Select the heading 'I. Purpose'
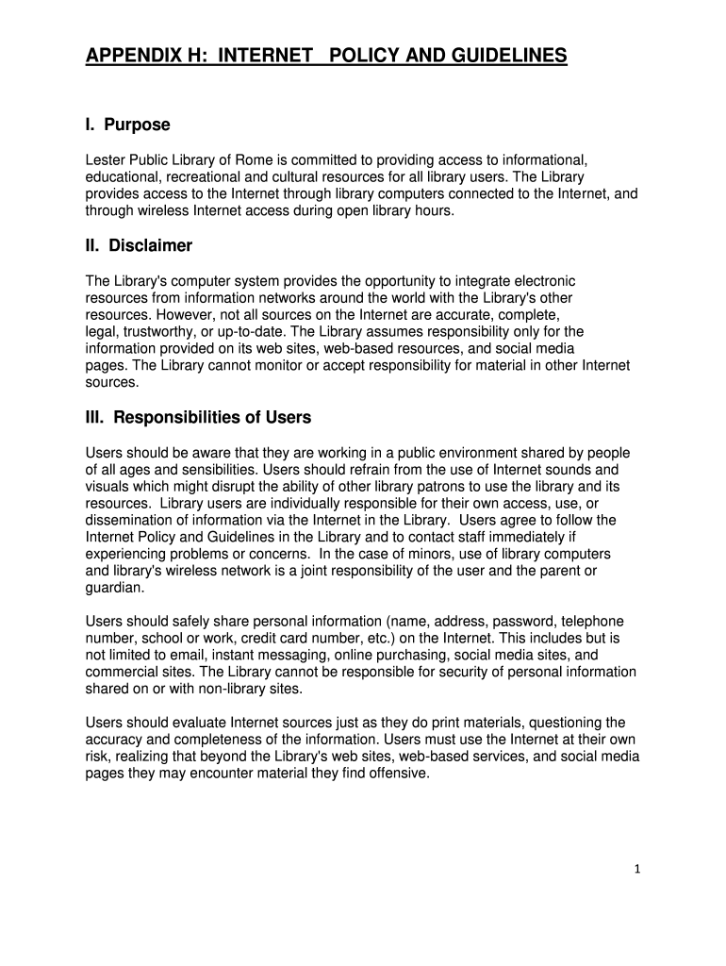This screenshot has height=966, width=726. coord(127,125)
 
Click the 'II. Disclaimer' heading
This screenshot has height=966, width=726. coord(139,246)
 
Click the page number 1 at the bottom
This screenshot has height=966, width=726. coord(637,870)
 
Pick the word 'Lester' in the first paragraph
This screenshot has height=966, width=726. coord(105,159)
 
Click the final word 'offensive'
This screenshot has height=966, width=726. coord(399,774)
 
